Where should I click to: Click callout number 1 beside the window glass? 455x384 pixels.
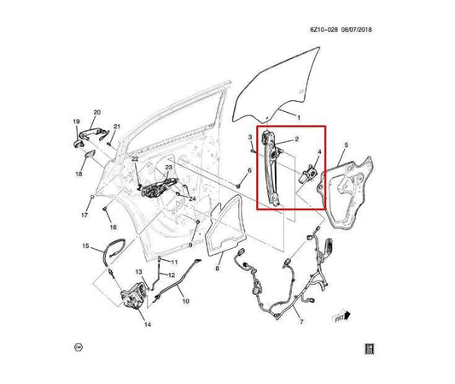tap(298, 115)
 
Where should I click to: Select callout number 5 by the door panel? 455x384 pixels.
tap(345, 146)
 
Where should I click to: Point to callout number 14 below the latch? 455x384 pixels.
tap(148, 326)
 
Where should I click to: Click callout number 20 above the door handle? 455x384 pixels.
tap(96, 112)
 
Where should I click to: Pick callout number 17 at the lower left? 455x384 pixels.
tap(84, 216)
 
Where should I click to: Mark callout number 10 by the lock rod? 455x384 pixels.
tap(187, 302)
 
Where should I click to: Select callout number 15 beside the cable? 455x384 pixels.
tap(85, 246)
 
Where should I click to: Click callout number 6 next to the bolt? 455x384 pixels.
tap(248, 171)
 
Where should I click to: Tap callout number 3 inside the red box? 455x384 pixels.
tap(248, 137)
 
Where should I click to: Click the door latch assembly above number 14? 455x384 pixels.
tap(132, 295)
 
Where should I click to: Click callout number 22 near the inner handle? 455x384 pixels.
tap(135, 159)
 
